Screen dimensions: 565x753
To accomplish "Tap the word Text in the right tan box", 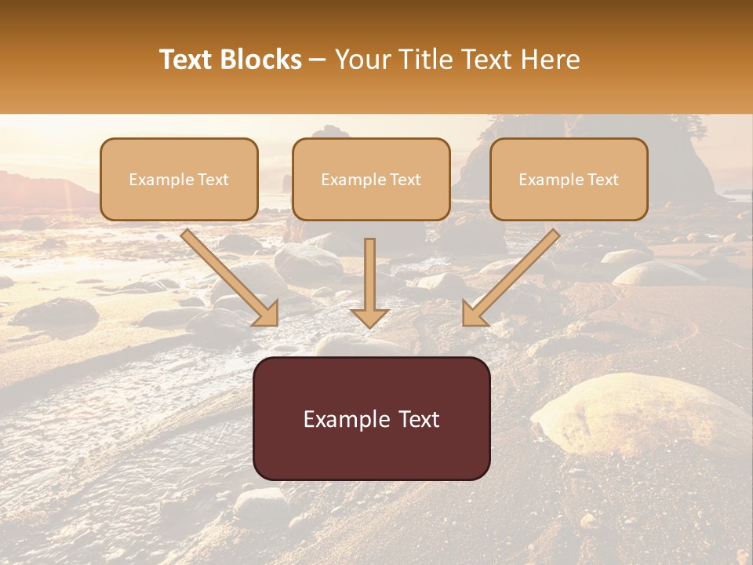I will tap(603, 180).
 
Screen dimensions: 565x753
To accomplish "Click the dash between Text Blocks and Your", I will tap(318, 60).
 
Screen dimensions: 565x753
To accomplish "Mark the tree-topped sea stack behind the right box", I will tap(675, 149).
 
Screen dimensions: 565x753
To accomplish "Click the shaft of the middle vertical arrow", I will tap(369, 271).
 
